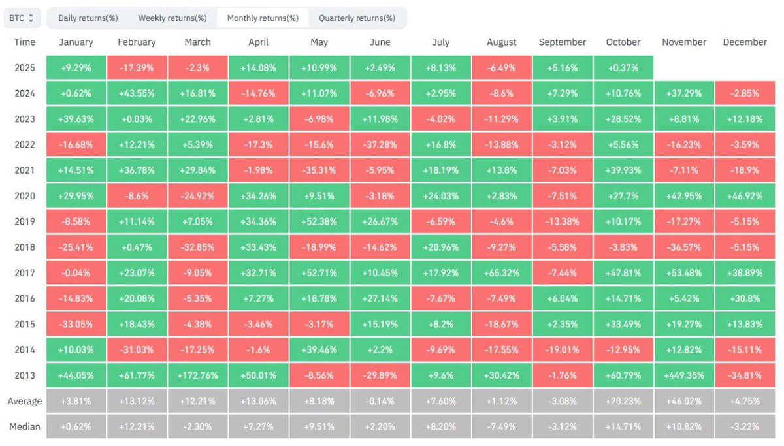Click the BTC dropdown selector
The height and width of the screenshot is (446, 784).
[22, 18]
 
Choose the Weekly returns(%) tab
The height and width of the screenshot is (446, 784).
[172, 18]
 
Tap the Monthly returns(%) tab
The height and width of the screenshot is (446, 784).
[263, 18]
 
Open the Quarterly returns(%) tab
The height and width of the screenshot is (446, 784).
[357, 18]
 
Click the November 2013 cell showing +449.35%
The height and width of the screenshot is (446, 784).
[684, 375]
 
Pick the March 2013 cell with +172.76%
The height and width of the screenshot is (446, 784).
[197, 375]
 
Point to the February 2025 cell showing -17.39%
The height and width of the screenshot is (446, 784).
[137, 68]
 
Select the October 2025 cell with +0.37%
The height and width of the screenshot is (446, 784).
[623, 68]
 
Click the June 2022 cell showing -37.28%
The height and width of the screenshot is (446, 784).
[380, 144]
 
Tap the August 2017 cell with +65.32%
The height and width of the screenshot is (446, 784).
[502, 273]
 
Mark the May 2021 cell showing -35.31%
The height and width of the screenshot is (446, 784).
[319, 170]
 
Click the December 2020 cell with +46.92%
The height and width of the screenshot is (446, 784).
[745, 196]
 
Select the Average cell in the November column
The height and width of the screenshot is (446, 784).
[684, 401]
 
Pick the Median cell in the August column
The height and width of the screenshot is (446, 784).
[502, 426]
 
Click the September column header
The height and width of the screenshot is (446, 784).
[563, 42]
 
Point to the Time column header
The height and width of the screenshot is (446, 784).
[25, 42]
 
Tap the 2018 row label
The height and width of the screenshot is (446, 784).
[25, 247]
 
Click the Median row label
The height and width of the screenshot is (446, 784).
[25, 426]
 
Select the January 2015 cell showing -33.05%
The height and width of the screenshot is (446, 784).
[76, 325]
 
